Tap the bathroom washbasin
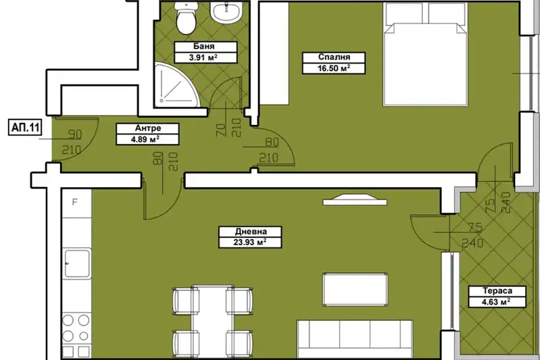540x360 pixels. [226, 12]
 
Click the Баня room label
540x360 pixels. [204, 47]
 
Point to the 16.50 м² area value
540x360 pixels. [334, 68]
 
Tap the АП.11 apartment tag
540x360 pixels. [26, 128]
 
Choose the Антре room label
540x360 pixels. [148, 128]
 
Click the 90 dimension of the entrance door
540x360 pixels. [75, 134]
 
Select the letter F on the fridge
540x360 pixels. [75, 202]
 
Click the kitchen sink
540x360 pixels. [77, 263]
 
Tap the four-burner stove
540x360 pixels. [76, 328]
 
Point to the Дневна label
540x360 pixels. [251, 232]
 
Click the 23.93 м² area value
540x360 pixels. [250, 242]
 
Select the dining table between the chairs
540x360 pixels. [212, 322]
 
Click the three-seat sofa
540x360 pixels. [355, 339]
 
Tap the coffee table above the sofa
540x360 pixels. [355, 290]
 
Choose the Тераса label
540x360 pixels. [497, 291]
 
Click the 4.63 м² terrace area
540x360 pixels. [497, 302]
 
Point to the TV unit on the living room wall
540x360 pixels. [355, 200]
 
